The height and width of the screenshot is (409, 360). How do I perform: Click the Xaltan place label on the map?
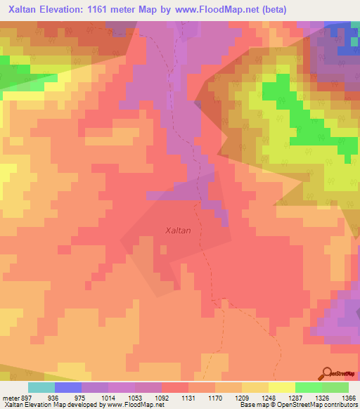[x=177, y=230]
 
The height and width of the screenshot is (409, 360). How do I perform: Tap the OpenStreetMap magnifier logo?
[x=328, y=374]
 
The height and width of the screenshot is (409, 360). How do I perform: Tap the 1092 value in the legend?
[x=163, y=397]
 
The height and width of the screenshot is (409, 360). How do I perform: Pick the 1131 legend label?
[x=191, y=397]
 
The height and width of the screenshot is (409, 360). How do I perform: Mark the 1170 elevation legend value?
[x=217, y=397]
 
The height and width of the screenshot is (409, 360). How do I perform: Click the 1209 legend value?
[x=244, y=397]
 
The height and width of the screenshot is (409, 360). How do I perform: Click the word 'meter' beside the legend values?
[x=10, y=397]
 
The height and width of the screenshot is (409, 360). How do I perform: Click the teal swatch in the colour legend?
[x=41, y=387]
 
